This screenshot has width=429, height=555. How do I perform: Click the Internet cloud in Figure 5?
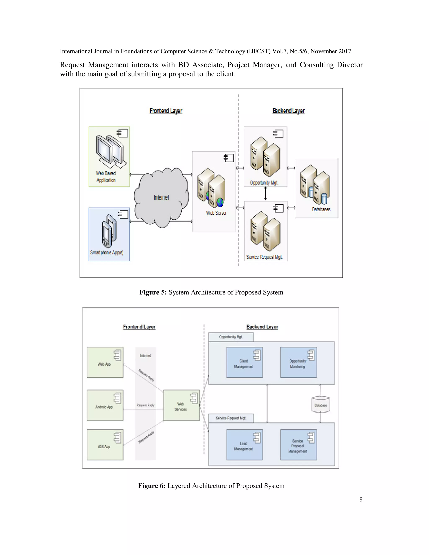coord(161,197)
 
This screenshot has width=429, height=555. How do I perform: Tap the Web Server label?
coord(216,213)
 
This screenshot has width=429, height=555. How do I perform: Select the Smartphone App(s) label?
coord(107,253)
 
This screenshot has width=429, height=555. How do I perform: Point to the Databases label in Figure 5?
coord(321,209)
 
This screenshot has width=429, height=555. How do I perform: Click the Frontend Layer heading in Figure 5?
coord(166,111)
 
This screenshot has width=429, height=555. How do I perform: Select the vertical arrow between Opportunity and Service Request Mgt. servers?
coord(266,194)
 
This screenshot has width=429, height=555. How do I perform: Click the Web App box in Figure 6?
coord(105,362)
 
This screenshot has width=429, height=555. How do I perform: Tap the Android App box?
coord(105,405)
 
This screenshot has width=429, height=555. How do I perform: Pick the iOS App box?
coord(105,445)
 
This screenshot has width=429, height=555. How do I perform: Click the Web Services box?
coord(181,405)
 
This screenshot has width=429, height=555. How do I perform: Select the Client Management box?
coord(244,362)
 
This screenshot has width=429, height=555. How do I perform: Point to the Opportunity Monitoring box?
coord(298,362)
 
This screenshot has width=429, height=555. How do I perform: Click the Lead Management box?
coord(244,445)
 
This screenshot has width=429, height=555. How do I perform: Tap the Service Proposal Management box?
coord(298,445)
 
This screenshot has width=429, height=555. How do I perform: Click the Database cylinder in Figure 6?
coord(321,405)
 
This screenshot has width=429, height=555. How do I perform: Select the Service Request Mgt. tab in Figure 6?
coord(231,418)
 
